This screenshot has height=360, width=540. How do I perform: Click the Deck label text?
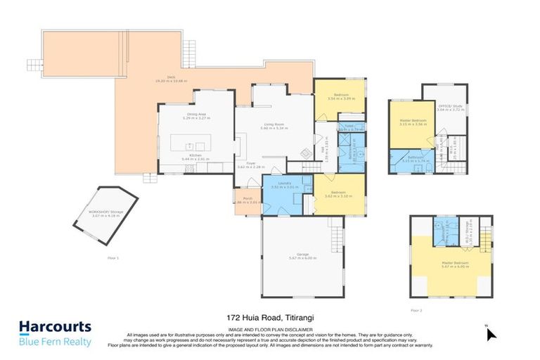(171, 79)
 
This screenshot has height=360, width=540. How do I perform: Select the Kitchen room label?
(195, 157)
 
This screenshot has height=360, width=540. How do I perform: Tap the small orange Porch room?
(247, 200)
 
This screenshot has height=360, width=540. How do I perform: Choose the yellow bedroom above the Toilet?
(339, 97)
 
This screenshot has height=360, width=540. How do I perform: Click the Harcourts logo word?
(55, 327)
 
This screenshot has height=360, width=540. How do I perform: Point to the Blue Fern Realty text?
(55, 342)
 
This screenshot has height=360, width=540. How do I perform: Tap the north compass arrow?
(491, 333)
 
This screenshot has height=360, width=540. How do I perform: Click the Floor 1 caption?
(113, 259)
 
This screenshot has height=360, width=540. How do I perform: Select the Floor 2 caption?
(416, 309)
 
